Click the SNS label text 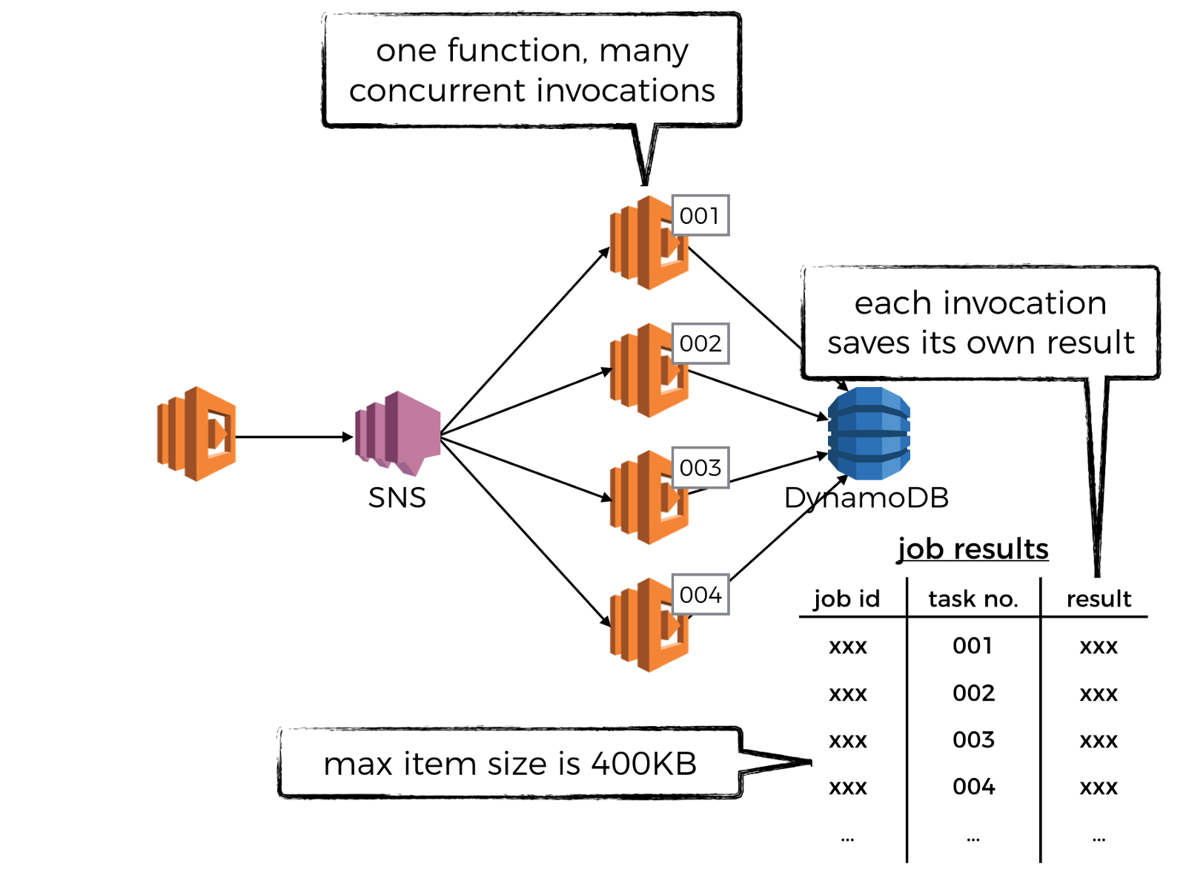click(x=397, y=498)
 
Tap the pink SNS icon click(x=398, y=434)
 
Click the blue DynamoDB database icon click(x=869, y=433)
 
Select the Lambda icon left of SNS click(x=196, y=434)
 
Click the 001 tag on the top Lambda click(x=700, y=216)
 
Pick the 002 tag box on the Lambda click(x=700, y=343)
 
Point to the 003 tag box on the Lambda click(x=700, y=468)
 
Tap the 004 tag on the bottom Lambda click(x=700, y=595)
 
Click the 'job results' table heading click(x=973, y=549)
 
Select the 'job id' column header click(x=847, y=598)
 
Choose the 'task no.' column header click(x=973, y=598)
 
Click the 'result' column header click(x=1099, y=598)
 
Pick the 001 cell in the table click(x=973, y=646)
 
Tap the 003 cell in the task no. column click(x=973, y=740)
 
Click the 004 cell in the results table click(x=973, y=787)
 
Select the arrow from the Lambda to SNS click(x=294, y=437)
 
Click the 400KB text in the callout click(x=644, y=764)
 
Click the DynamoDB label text click(x=867, y=498)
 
